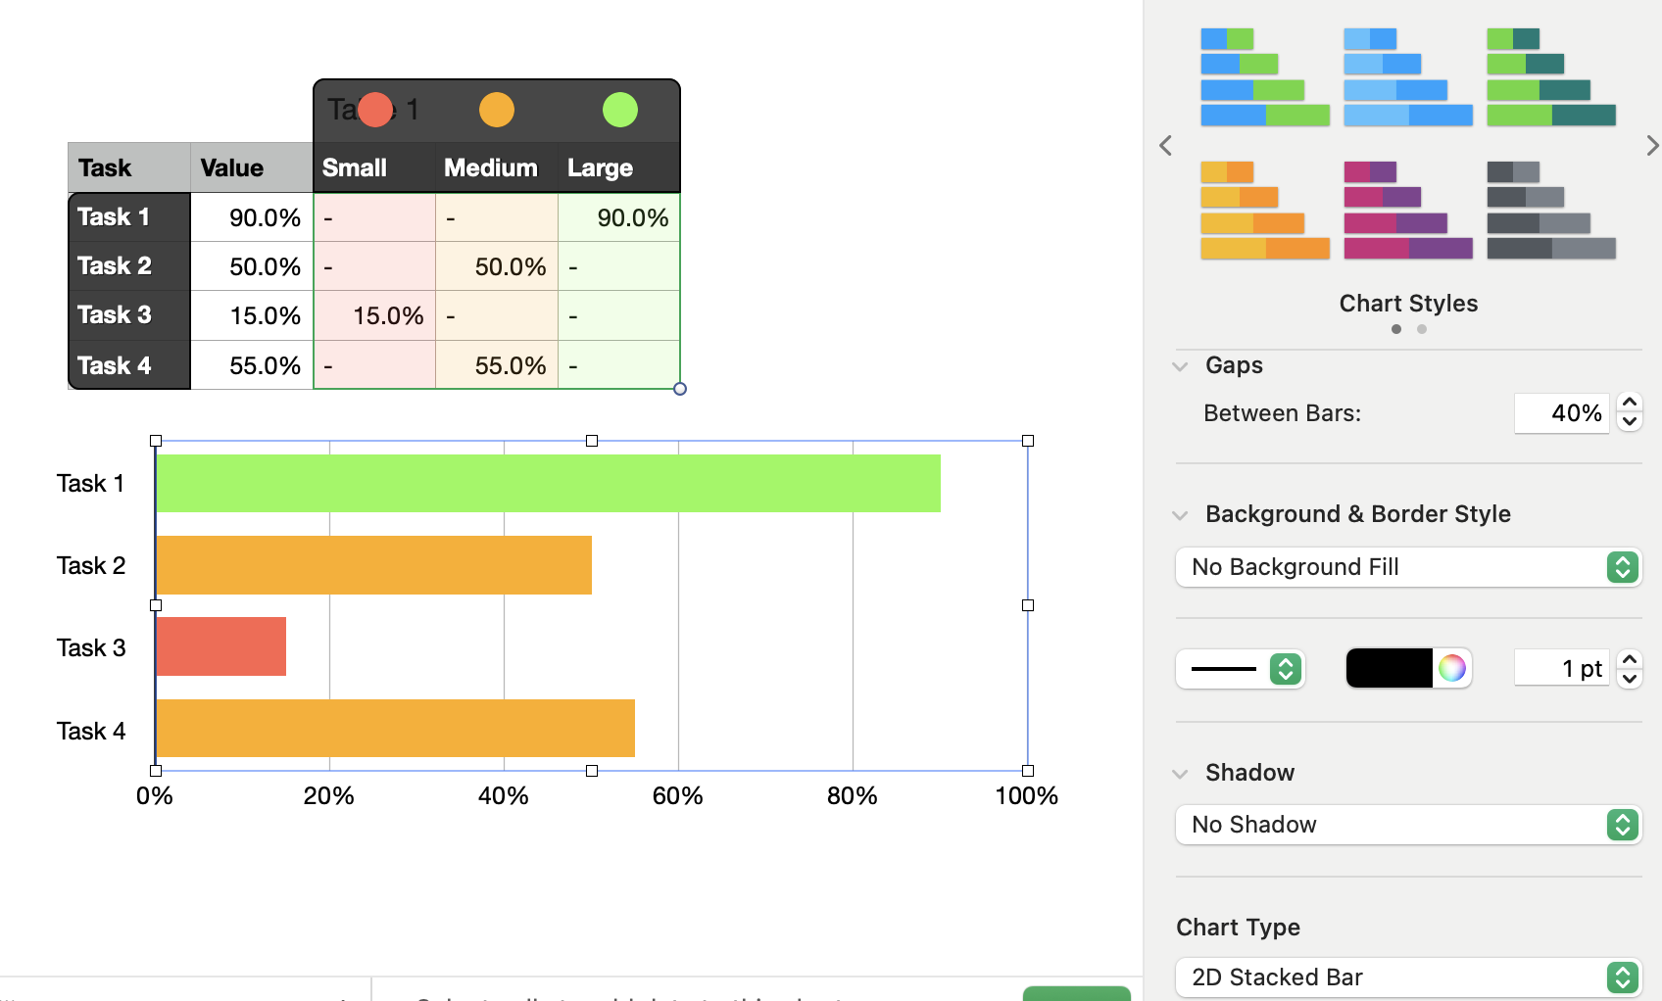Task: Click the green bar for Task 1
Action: click(548, 483)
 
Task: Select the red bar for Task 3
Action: click(220, 646)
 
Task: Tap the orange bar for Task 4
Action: click(395, 728)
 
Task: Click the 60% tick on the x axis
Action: click(677, 795)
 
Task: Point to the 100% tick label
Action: click(1026, 795)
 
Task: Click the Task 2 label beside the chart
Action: click(91, 565)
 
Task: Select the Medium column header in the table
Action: click(491, 167)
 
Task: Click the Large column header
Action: click(600, 167)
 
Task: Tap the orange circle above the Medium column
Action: click(497, 110)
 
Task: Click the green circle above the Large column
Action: click(619, 110)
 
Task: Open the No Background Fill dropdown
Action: click(1407, 567)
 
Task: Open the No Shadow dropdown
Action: click(1407, 825)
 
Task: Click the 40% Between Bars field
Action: click(1561, 413)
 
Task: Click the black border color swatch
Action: click(1389, 668)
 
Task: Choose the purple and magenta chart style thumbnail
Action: click(1407, 211)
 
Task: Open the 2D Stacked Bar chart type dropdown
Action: click(1407, 977)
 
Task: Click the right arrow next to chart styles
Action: click(1651, 146)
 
